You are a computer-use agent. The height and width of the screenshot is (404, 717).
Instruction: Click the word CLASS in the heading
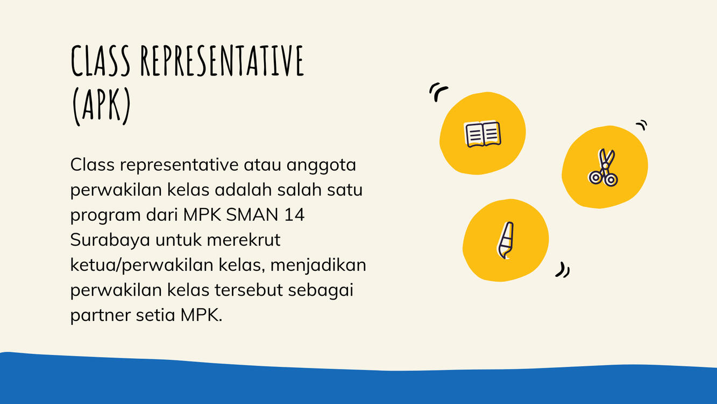coord(100,60)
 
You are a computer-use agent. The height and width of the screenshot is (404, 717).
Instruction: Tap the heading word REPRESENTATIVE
coord(222,60)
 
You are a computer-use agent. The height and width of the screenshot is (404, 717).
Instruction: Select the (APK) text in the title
coord(101,106)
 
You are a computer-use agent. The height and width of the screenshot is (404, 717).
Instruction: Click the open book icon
coord(482,134)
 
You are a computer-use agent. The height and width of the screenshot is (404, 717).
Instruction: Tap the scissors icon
coord(604,168)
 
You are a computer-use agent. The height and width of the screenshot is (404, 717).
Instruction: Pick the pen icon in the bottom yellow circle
coord(506,240)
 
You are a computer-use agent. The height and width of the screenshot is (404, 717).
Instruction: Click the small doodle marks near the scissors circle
coord(642,125)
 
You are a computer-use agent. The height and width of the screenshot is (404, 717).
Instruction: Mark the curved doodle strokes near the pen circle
coord(563,270)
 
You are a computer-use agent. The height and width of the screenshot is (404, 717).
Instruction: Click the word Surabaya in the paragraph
coord(110,240)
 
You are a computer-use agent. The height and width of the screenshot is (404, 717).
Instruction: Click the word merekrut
coord(244,240)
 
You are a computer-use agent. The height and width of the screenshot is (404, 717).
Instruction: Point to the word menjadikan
coord(318,266)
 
